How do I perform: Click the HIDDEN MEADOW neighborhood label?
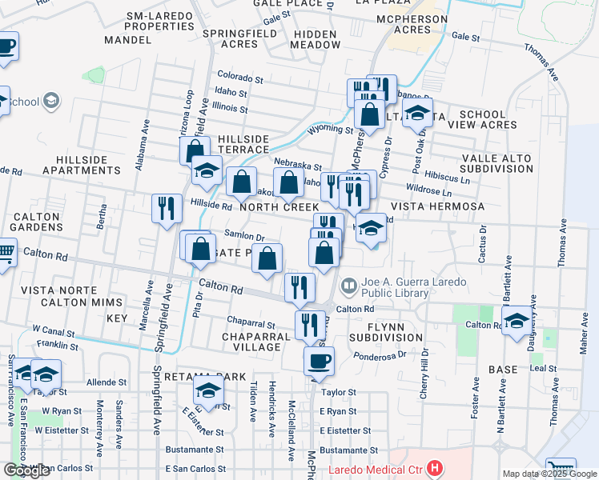pyautogui.click(x=316, y=40)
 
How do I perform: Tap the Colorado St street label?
pyautogui.click(x=239, y=79)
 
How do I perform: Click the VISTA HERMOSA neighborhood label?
pyautogui.click(x=437, y=206)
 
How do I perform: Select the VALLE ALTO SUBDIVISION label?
pyautogui.click(x=496, y=163)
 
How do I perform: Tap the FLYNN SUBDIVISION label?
pyautogui.click(x=384, y=332)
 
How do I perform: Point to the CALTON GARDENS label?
pyautogui.click(x=37, y=222)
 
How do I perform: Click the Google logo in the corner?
pyautogui.click(x=26, y=470)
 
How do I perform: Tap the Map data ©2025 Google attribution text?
pyautogui.click(x=549, y=474)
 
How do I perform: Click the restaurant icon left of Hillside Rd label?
pyautogui.click(x=167, y=209)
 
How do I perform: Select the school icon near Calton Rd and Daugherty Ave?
pyautogui.click(x=517, y=320)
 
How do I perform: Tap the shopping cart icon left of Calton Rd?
pyautogui.click(x=6, y=253)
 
